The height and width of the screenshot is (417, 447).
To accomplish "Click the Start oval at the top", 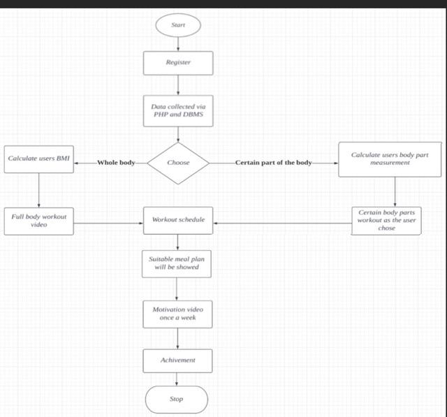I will [177, 25].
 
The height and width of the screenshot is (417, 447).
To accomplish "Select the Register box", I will [178, 63].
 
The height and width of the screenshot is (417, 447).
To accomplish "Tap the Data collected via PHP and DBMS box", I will [178, 110].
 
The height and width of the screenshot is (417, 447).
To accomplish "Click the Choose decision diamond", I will [178, 163].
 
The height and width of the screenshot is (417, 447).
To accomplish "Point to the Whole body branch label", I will [116, 163].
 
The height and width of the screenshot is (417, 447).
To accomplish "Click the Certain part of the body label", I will [273, 163].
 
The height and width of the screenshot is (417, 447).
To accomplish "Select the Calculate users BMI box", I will [38, 159].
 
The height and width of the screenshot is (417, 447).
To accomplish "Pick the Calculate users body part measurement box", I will [390, 159].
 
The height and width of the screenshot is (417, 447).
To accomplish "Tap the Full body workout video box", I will [38, 221].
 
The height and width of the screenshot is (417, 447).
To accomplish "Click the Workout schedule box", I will [178, 220].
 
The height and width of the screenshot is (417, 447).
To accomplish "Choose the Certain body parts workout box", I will [386, 219].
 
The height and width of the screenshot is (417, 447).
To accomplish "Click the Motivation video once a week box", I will [177, 313].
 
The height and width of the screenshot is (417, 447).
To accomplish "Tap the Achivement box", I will [177, 360].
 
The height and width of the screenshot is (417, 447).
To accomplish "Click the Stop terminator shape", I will [177, 399].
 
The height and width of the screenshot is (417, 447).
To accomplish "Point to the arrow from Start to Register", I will [178, 43].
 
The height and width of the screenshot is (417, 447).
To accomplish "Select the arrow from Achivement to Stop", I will [177, 379].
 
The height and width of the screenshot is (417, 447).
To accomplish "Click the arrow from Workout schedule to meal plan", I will [177, 241].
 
